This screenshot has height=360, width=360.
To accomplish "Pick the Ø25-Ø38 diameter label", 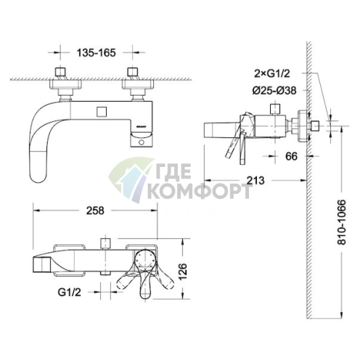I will click(274, 91).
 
